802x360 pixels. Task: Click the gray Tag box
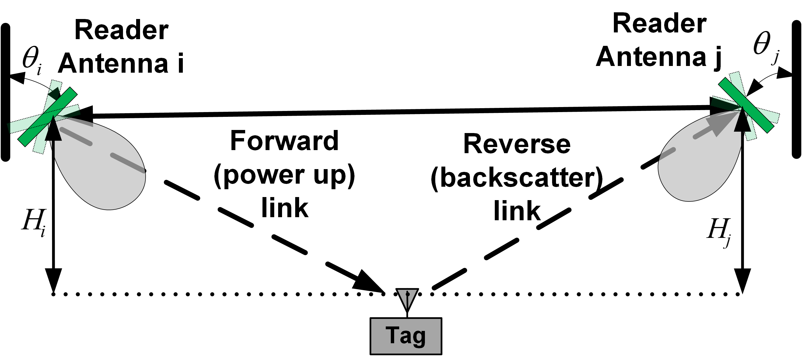click(x=406, y=336)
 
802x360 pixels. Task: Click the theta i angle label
click(x=32, y=60)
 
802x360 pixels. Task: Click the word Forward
click(x=284, y=141)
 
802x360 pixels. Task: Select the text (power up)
click(x=284, y=175)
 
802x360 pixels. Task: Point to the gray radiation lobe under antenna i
click(x=106, y=174)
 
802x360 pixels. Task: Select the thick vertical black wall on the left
click(x=6, y=93)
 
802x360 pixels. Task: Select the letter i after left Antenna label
click(x=180, y=63)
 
